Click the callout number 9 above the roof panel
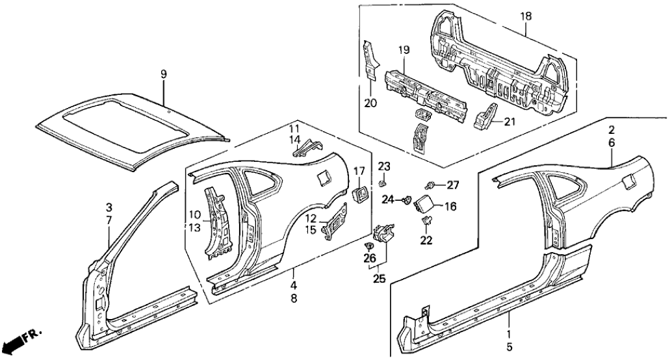click(x=164, y=75)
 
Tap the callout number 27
click(x=453, y=185)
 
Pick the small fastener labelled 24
click(x=407, y=199)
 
